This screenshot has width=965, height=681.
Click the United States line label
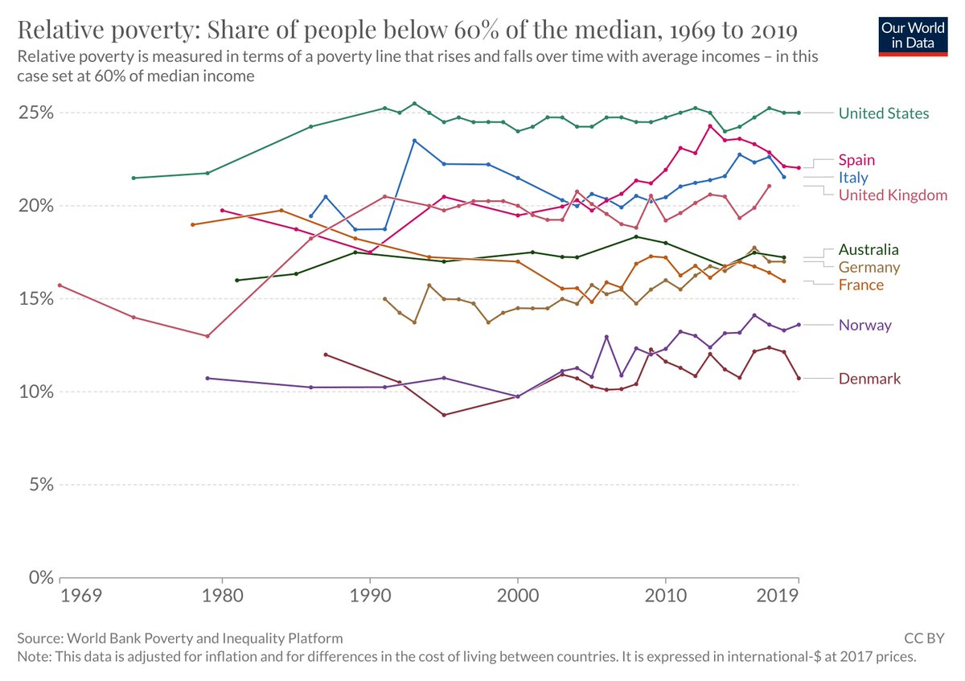click(883, 113)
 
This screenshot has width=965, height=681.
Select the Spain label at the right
click(856, 160)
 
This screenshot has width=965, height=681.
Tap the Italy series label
click(853, 178)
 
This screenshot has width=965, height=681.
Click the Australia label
click(868, 250)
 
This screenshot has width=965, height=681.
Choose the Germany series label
click(868, 268)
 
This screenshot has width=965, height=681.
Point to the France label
click(860, 285)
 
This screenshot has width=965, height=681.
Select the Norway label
click(864, 326)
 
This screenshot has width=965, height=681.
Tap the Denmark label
click(869, 379)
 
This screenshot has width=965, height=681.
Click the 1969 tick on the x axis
click(79, 596)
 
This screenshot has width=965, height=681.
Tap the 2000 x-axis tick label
click(518, 596)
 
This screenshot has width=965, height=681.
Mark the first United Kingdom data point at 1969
click(60, 285)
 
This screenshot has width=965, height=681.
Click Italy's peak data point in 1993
click(414, 141)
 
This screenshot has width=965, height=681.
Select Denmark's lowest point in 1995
click(444, 415)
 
